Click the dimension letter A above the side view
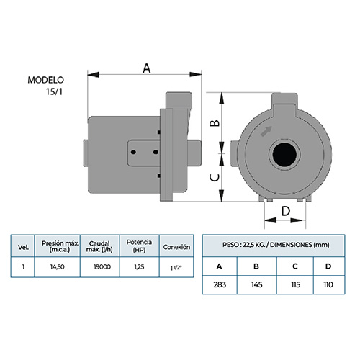tap(147, 68)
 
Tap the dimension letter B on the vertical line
tap(215, 123)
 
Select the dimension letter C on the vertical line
tap(215, 178)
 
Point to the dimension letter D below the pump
tap(286, 211)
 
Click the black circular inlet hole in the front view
tap(284, 154)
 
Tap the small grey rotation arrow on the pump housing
tap(266, 131)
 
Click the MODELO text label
tap(46, 80)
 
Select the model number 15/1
tap(55, 91)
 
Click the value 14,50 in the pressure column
tap(58, 267)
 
